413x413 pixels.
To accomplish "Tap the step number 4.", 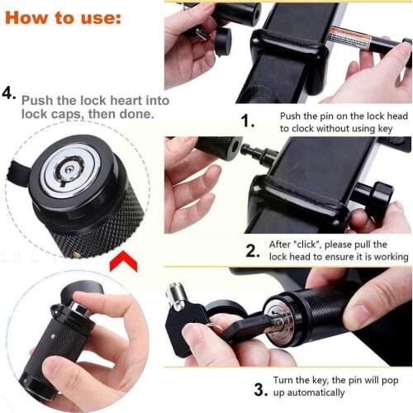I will coord(10,93).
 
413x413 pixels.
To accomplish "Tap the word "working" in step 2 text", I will coord(388,257).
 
